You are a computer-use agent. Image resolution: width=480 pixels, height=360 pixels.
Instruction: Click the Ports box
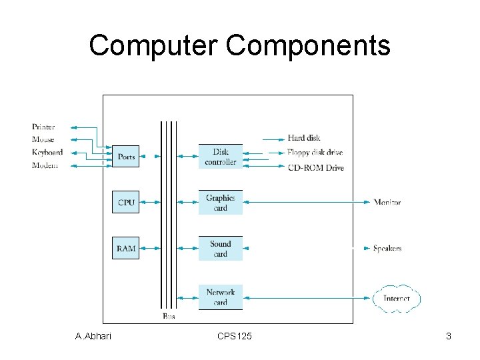(x=125, y=157)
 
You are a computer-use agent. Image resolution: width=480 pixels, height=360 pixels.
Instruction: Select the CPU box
(x=125, y=202)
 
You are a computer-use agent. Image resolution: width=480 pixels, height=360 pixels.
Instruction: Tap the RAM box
(x=125, y=249)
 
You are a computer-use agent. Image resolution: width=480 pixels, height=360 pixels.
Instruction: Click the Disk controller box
(x=221, y=157)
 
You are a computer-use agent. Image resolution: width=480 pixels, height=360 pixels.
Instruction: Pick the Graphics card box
(x=221, y=203)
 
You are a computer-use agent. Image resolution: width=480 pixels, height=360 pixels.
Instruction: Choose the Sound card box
(x=221, y=249)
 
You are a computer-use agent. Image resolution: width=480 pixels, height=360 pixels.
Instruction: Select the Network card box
(x=221, y=297)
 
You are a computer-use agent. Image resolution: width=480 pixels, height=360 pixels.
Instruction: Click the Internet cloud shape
(x=397, y=298)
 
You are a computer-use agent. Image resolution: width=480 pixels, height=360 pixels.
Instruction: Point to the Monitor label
(x=387, y=202)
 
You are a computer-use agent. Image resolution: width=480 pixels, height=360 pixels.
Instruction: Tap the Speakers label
(x=387, y=249)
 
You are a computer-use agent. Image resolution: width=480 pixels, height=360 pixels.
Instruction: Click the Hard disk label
(x=304, y=138)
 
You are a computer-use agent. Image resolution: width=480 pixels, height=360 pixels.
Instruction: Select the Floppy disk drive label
(x=315, y=153)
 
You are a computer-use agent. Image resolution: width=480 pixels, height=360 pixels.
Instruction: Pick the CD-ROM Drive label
(x=315, y=168)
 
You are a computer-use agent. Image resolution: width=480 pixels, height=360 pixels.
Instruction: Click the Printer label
(x=43, y=127)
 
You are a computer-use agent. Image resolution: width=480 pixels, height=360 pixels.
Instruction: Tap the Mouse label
(x=43, y=139)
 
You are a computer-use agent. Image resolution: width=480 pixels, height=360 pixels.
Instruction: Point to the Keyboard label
(x=47, y=152)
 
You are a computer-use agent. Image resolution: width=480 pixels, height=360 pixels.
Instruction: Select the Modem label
(x=45, y=165)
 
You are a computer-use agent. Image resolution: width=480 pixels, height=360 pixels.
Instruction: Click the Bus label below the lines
(x=169, y=316)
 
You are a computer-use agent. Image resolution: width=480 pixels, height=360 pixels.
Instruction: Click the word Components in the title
(x=308, y=46)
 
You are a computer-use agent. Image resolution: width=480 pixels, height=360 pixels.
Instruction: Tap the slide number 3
(x=449, y=337)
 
